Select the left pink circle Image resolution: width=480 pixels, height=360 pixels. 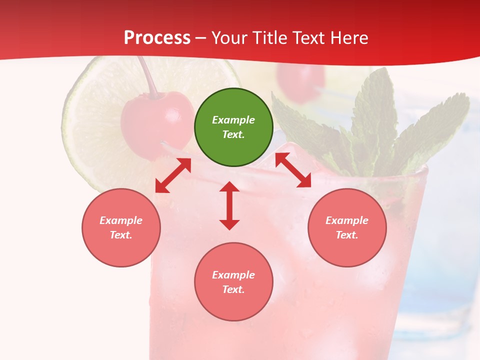[121, 227]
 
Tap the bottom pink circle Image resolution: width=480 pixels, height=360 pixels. [233, 282]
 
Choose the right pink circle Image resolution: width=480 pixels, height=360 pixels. [347, 227]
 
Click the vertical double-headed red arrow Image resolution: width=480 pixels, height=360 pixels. [229, 205]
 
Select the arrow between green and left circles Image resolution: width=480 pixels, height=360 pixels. [173, 175]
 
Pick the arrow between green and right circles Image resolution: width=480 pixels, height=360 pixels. [293, 170]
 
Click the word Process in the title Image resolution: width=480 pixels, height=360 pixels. [157, 38]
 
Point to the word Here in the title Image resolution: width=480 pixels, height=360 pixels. [350, 38]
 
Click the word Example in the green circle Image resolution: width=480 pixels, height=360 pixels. [233, 120]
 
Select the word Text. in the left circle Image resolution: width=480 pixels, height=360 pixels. [121, 235]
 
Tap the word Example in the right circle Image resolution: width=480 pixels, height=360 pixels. [347, 220]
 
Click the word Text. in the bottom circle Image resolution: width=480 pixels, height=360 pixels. [233, 289]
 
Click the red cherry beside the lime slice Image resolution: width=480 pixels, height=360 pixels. [156, 122]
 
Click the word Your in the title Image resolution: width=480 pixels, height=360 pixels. [229, 38]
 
